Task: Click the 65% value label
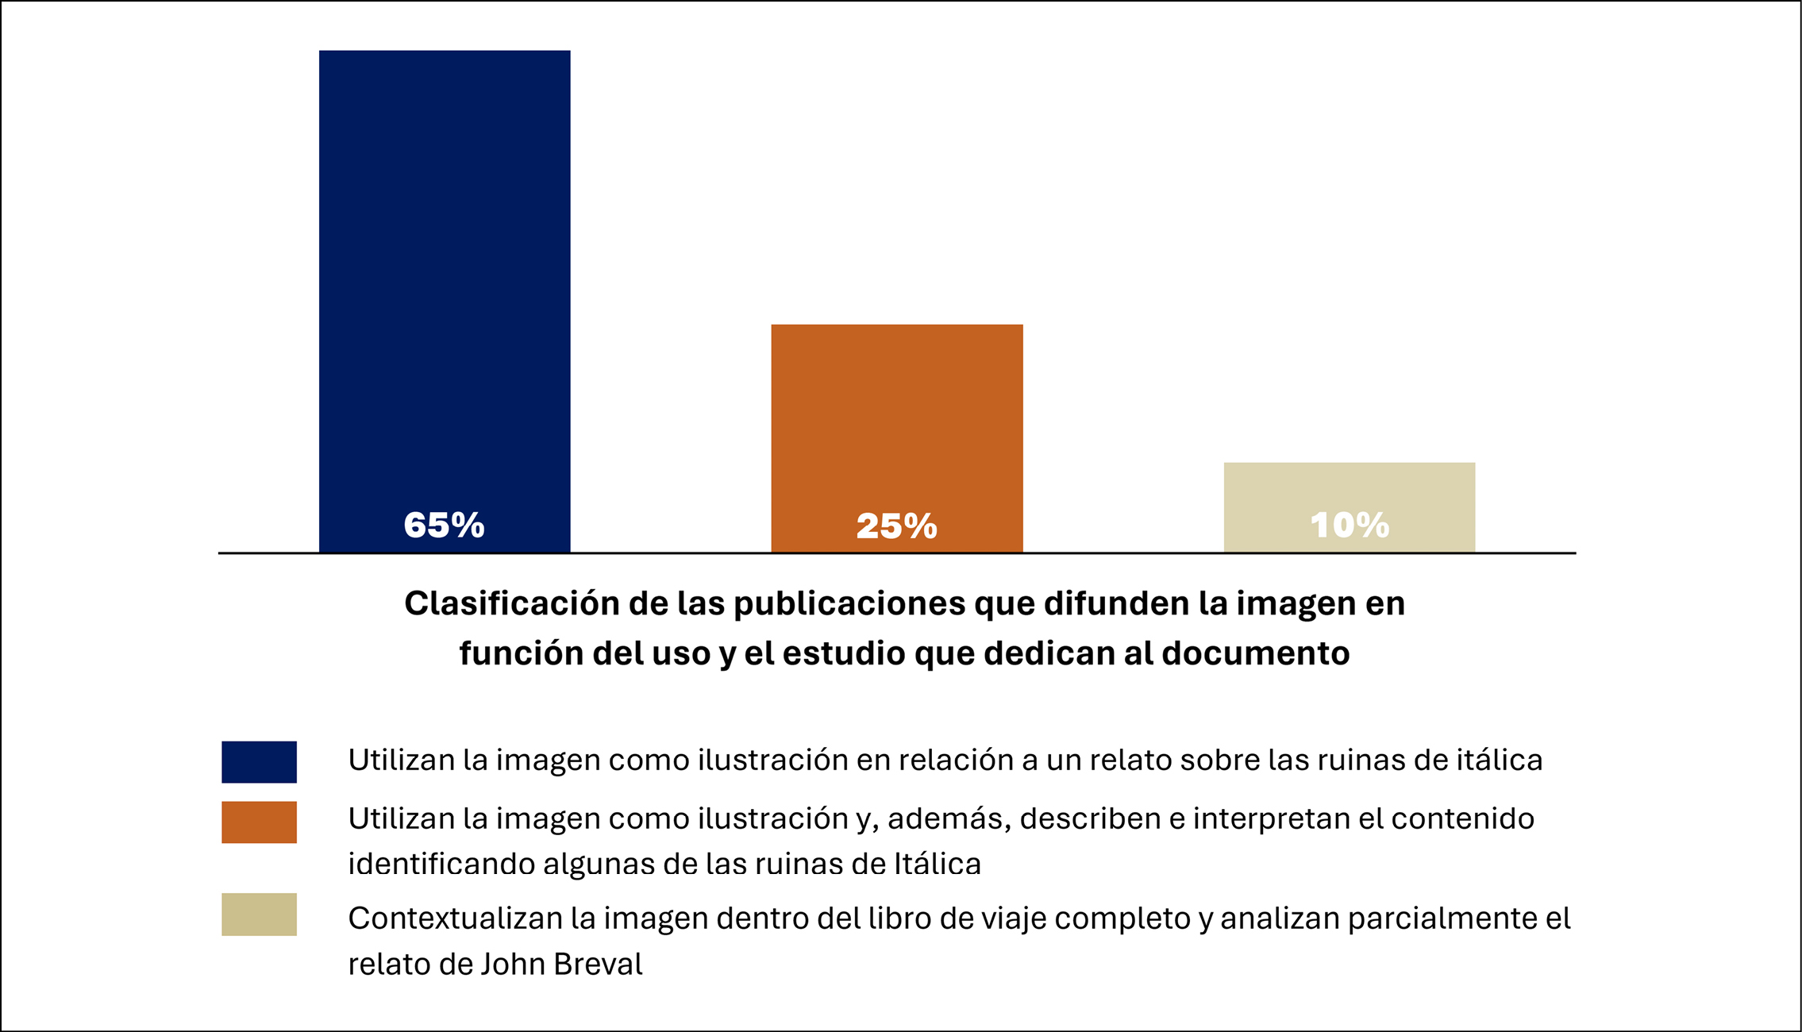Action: click(x=445, y=526)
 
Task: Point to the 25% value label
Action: click(x=897, y=526)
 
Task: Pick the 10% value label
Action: click(x=1350, y=526)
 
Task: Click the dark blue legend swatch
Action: click(x=259, y=762)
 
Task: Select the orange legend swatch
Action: click(x=259, y=822)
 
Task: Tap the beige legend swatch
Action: click(x=259, y=915)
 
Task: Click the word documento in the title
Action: click(x=1256, y=654)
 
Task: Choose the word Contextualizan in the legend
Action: click(x=455, y=919)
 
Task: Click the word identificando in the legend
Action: click(x=441, y=864)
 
